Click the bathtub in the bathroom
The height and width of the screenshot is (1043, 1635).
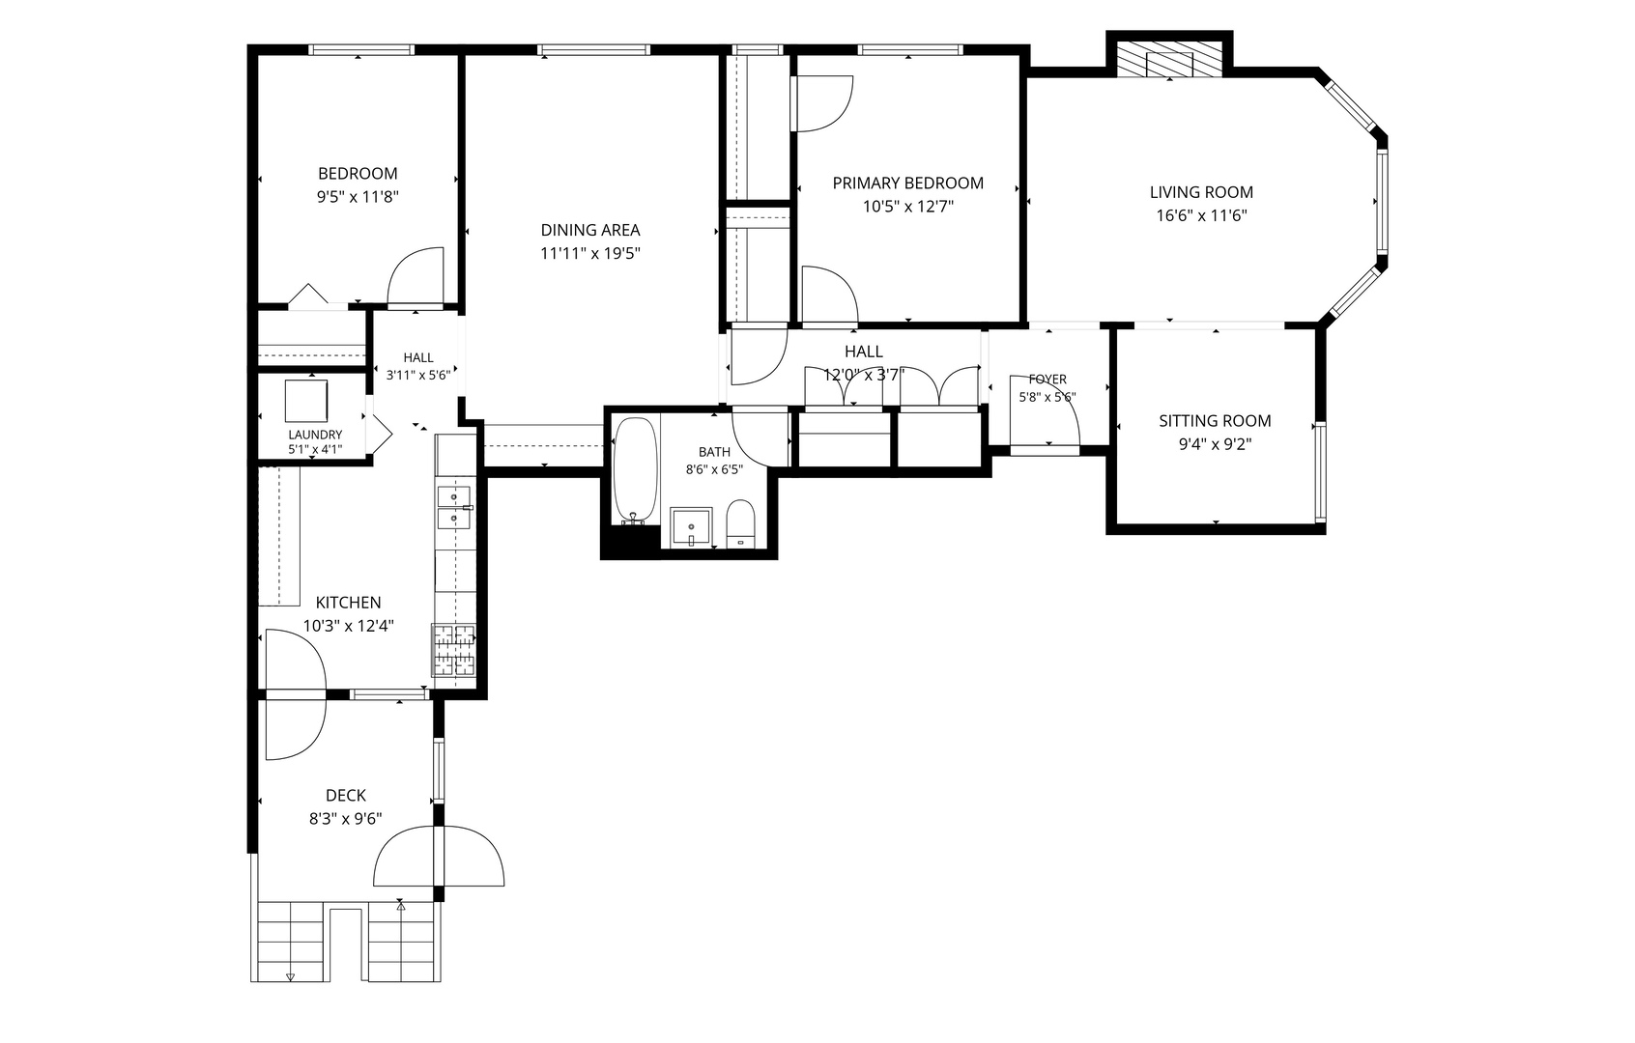click(x=635, y=470)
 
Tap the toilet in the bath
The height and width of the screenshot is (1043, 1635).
click(x=741, y=523)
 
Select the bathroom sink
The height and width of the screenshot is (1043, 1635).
click(x=691, y=526)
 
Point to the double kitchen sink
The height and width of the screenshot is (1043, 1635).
click(x=454, y=508)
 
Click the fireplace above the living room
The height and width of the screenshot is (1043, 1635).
click(x=1169, y=59)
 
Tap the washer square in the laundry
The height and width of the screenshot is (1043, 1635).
click(x=305, y=401)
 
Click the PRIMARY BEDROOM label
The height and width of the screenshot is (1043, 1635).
click(x=908, y=183)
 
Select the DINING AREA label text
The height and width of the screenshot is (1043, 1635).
click(x=589, y=231)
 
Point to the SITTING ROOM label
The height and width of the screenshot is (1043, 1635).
click(x=1215, y=421)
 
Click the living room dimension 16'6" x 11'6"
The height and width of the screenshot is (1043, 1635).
click(x=1201, y=216)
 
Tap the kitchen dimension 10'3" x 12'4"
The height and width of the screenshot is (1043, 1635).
click(x=348, y=626)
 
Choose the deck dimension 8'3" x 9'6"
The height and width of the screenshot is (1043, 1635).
click(x=345, y=819)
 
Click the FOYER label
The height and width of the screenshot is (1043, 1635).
click(x=1047, y=380)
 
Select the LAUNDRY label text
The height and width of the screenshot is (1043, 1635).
click(x=315, y=435)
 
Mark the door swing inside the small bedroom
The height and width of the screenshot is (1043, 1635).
click(x=416, y=275)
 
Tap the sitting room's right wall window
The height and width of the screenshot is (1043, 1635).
click(x=1320, y=472)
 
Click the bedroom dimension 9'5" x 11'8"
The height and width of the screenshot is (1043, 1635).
click(x=358, y=197)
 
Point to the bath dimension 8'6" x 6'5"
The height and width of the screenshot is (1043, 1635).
click(x=714, y=469)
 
